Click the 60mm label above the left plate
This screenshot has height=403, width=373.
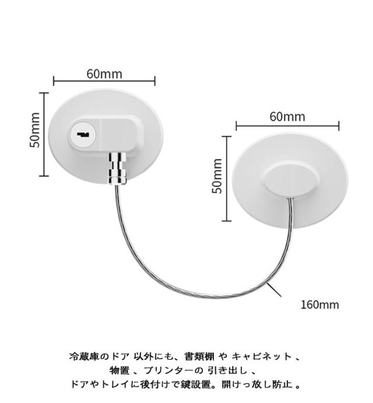(104, 73)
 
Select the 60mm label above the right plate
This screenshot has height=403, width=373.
(287, 116)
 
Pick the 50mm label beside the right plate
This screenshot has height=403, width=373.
(217, 176)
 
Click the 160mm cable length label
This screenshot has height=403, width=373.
(319, 304)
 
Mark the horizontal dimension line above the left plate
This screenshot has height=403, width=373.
(104, 82)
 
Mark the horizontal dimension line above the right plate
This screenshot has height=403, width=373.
(287, 125)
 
